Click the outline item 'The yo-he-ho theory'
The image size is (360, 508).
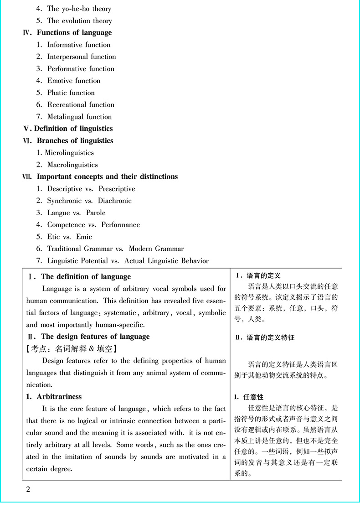79,9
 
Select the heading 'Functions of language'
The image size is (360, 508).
74,33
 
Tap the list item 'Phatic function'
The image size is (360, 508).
71,93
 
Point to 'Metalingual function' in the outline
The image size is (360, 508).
79,117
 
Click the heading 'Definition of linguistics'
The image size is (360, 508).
73,129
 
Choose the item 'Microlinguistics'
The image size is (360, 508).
69,153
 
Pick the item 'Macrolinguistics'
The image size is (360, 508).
72,165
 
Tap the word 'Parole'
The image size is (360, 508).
96,213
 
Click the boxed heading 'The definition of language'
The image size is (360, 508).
86,277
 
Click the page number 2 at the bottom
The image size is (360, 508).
29,490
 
